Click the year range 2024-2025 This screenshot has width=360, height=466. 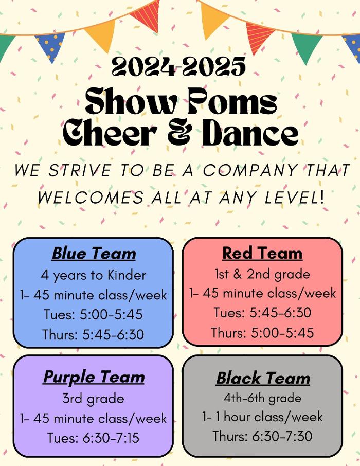coord(179,67)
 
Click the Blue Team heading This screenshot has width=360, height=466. coord(94,254)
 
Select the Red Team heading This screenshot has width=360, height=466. coord(262,253)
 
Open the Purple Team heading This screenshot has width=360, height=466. coord(94,377)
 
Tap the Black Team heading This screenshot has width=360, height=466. coord(263,378)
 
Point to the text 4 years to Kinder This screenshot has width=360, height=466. coord(94,275)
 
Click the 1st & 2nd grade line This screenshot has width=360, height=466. coord(262,274)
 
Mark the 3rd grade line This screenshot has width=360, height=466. coord(94,399)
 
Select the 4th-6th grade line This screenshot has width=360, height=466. coord(262,398)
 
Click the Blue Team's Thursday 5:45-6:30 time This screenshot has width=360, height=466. coord(94,334)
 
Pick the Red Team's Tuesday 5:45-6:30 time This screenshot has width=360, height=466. coord(262,313)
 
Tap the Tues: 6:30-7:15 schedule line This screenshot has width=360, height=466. coord(94,438)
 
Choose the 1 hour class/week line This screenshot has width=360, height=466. coord(262,417)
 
